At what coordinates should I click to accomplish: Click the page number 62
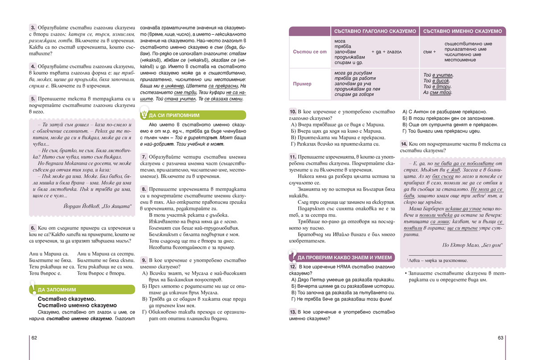pyautogui.click(x=34, y=338)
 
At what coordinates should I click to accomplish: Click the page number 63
pyautogui.click(x=500, y=338)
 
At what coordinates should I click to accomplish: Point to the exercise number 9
pyautogui.click(x=144, y=260)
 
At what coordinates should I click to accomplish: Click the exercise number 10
pyautogui.click(x=292, y=112)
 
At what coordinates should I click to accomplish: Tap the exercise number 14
pyautogui.click(x=403, y=144)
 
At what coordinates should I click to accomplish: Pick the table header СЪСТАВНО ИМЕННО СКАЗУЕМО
pyautogui.click(x=462, y=31)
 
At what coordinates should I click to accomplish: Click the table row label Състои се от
pyautogui.click(x=310, y=52)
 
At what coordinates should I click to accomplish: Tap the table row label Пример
pyautogui.click(x=302, y=83)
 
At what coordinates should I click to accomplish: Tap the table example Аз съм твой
pyautogui.click(x=437, y=93)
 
